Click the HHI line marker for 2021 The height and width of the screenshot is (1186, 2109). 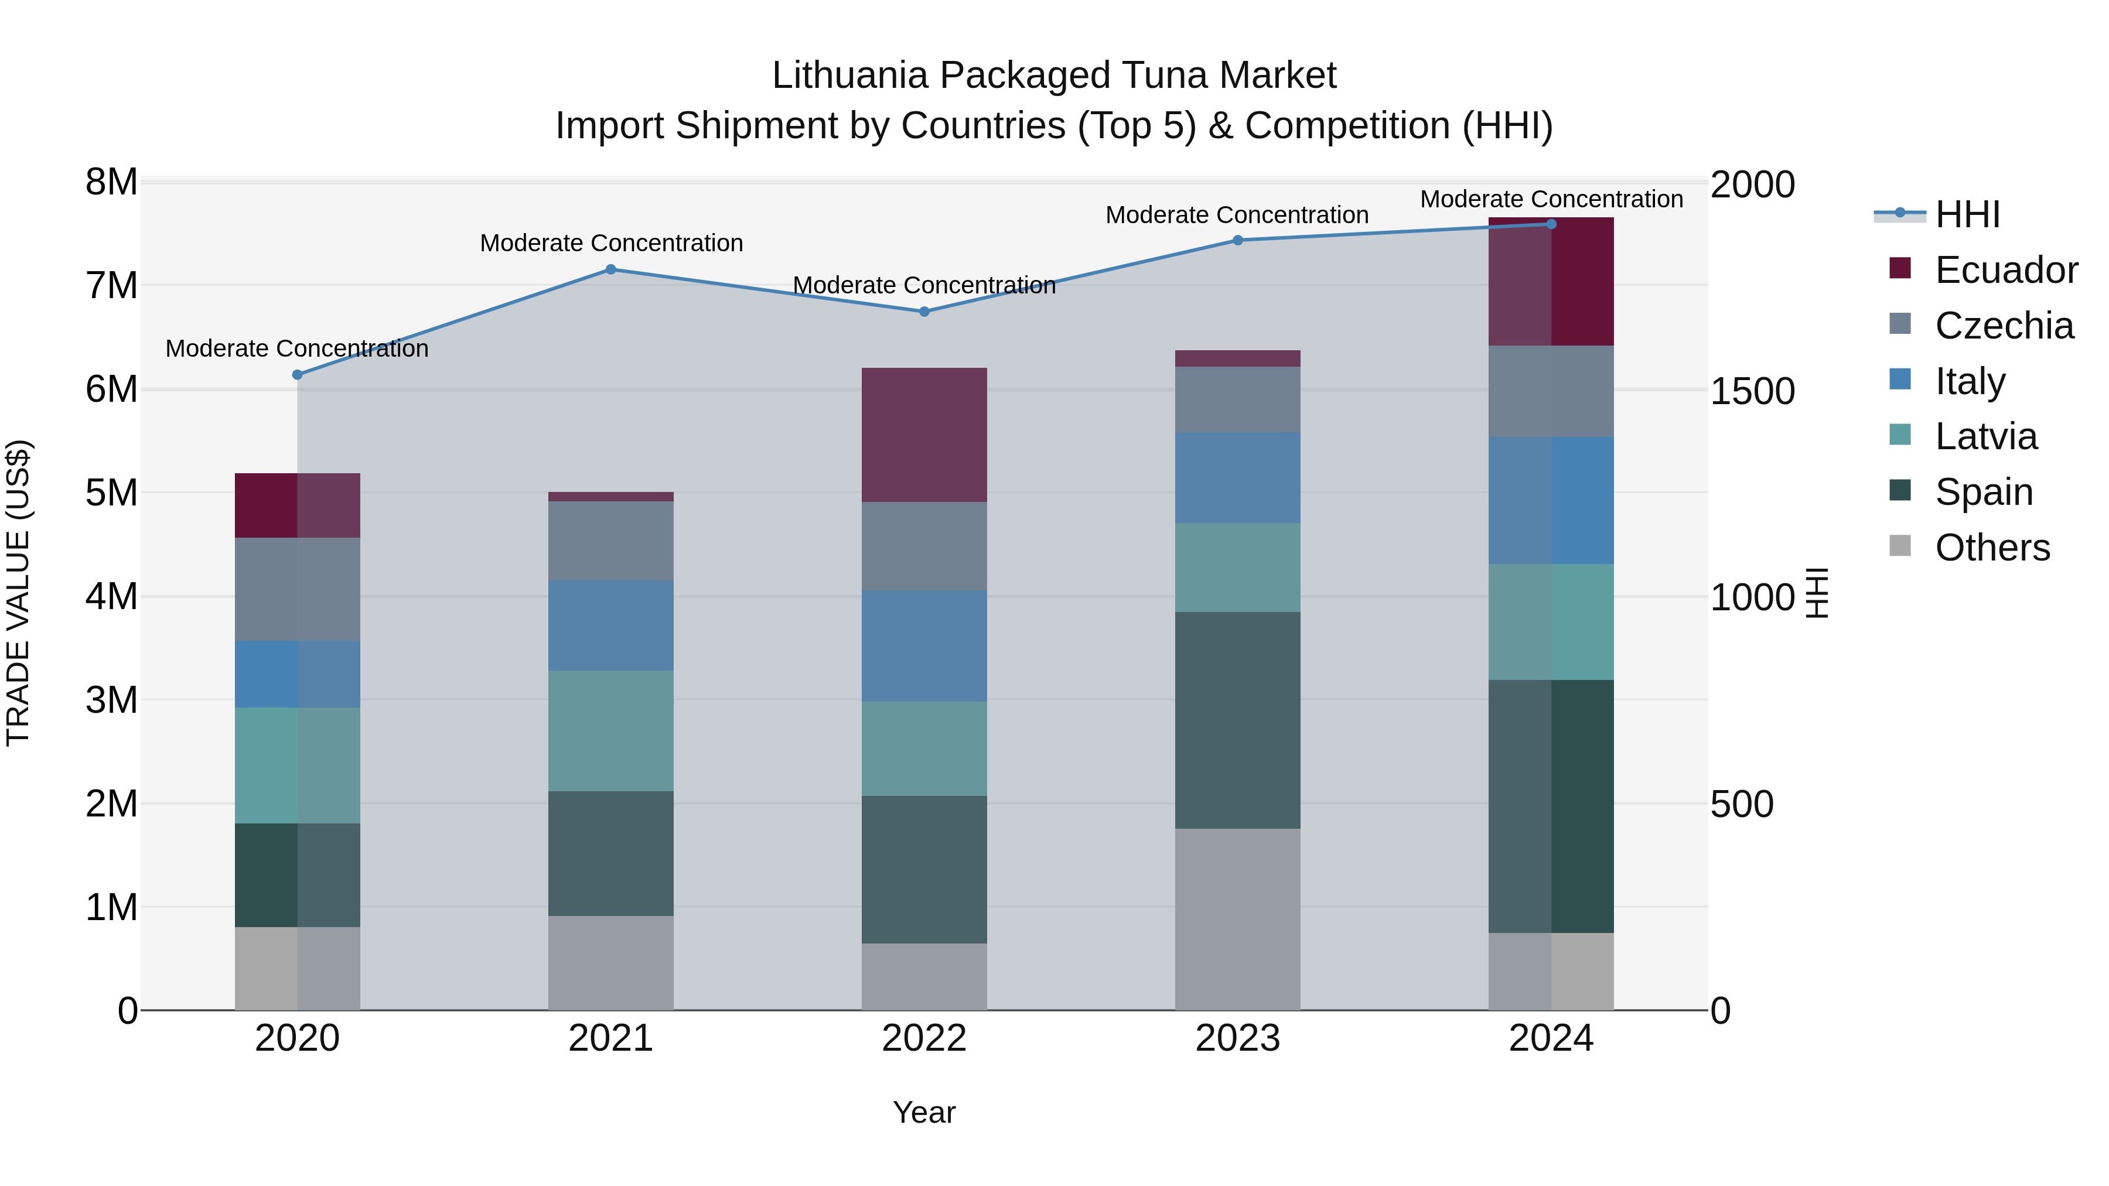pos(611,269)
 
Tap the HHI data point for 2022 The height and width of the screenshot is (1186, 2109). pos(924,312)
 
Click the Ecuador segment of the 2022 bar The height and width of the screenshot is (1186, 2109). pos(924,435)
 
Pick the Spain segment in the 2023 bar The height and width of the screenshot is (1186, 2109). pos(1238,720)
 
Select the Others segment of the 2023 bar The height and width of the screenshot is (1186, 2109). pos(1238,919)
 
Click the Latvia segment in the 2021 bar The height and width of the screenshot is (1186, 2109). pos(611,731)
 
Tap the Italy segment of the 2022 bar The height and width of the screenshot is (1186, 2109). pos(924,646)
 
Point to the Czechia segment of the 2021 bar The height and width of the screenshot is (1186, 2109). pos(611,541)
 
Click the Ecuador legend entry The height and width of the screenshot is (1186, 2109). pos(2006,270)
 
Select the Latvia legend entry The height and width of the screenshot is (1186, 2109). pos(1985,436)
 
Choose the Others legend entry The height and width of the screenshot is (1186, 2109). pos(1992,548)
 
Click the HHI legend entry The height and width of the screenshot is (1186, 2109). pos(1967,214)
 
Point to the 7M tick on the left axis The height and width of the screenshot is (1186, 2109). pos(112,286)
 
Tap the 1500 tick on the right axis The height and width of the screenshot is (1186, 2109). pos(1753,391)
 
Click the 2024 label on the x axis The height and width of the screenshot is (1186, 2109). pos(1551,1038)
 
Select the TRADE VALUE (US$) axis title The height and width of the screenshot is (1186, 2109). pos(18,593)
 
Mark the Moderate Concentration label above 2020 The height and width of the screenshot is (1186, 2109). pos(297,348)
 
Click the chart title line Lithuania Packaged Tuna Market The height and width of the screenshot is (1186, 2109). pos(1054,76)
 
